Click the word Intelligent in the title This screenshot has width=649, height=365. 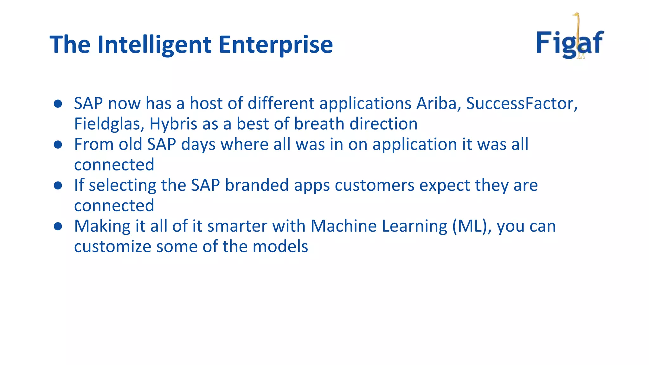click(154, 45)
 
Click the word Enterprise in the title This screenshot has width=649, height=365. click(276, 45)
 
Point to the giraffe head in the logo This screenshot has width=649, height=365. click(576, 15)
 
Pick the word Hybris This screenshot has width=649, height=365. click(173, 124)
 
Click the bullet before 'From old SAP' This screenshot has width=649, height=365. click(58, 144)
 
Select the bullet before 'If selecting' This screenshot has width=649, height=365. click(58, 185)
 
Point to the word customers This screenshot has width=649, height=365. click(374, 186)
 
